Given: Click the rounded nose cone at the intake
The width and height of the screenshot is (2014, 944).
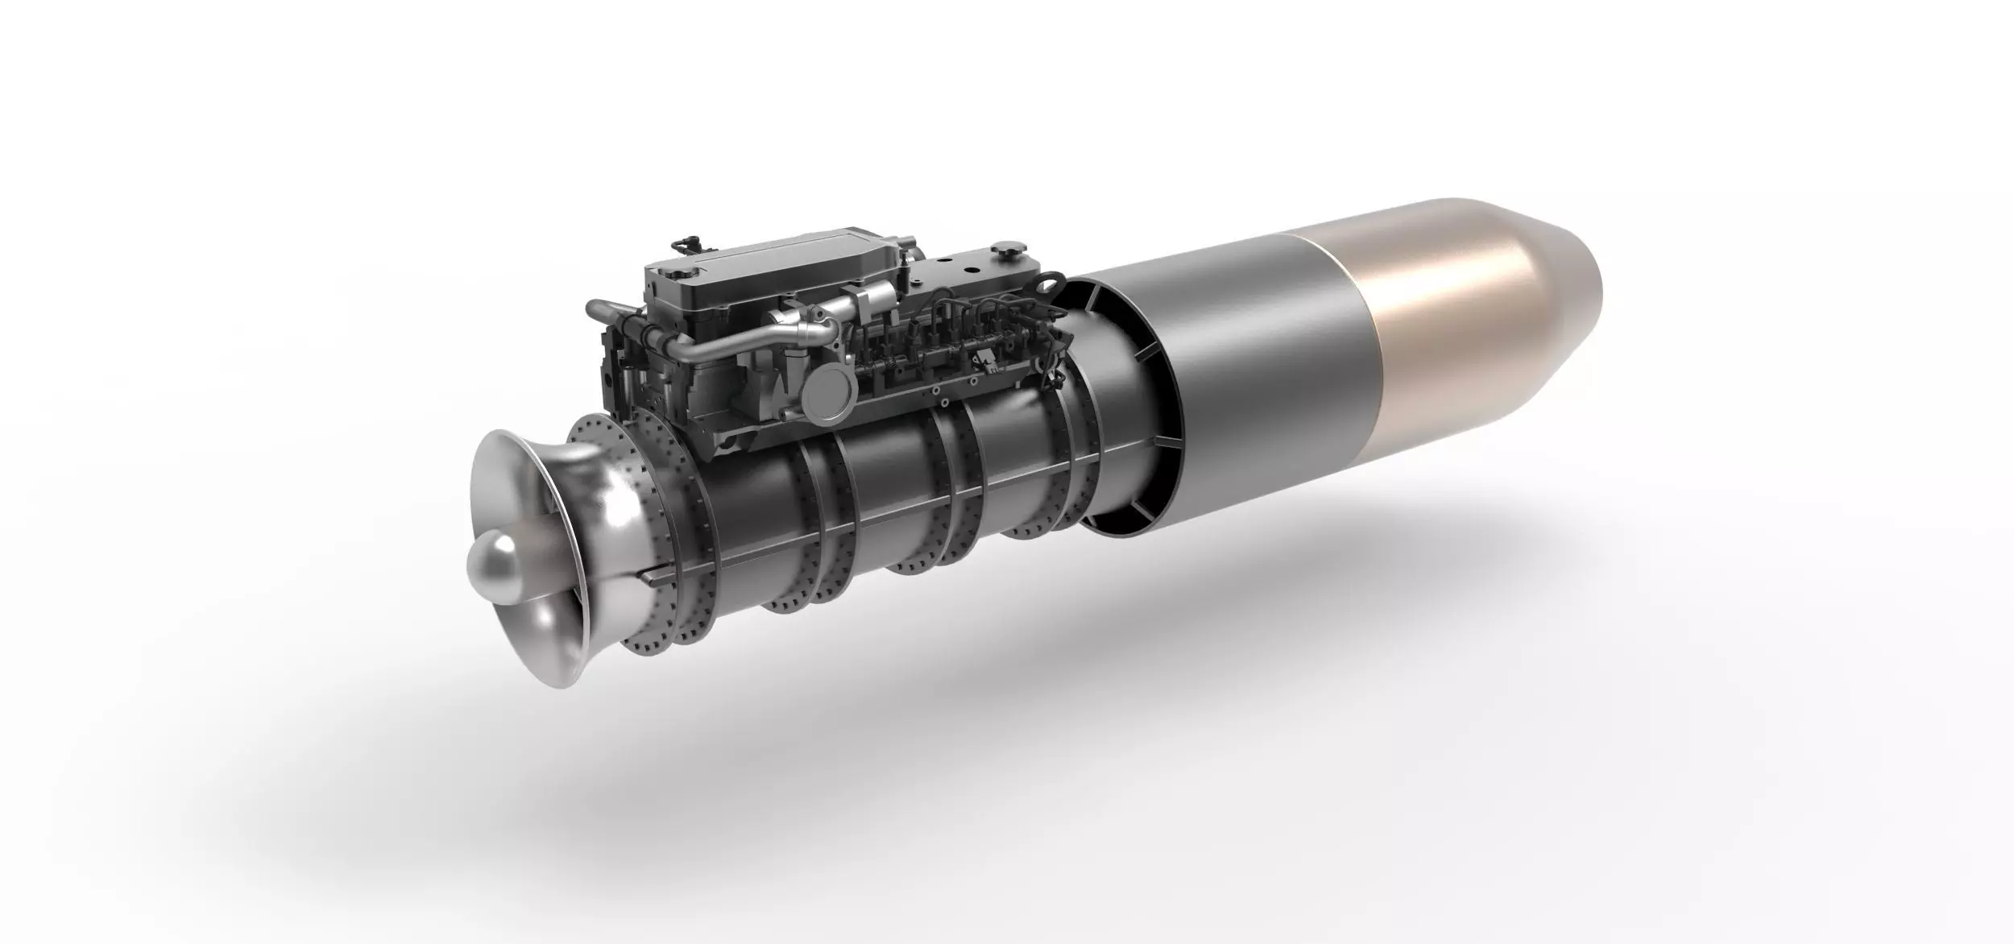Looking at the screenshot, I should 493,570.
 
